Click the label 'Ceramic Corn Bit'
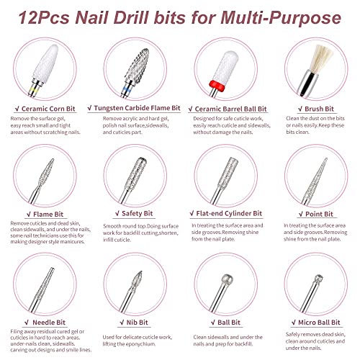pyautogui.click(x=51, y=109)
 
